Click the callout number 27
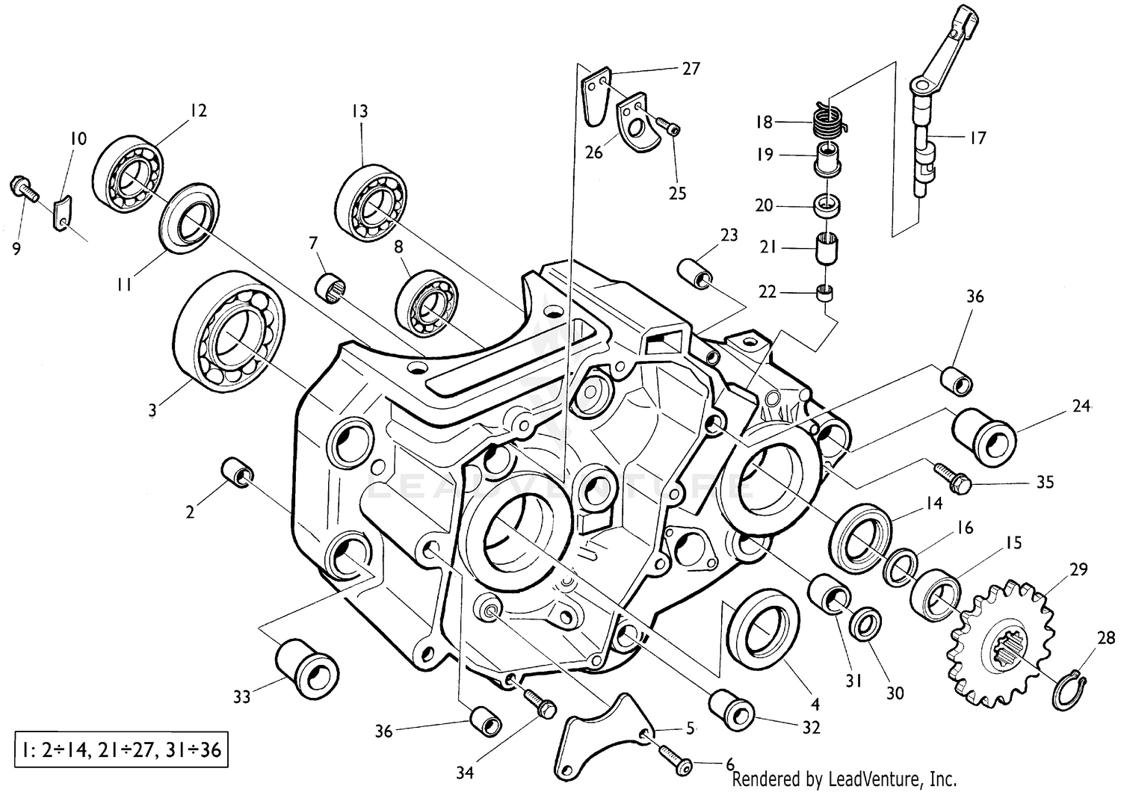coord(691,69)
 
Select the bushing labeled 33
coord(306,667)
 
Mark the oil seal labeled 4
coord(763,628)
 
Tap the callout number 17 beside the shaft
coord(978,137)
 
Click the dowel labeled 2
coord(238,472)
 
